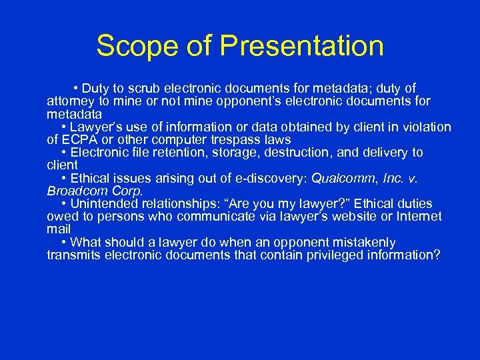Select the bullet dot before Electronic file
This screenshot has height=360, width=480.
pyautogui.click(x=63, y=153)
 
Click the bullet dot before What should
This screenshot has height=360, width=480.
pyautogui.click(x=63, y=243)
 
